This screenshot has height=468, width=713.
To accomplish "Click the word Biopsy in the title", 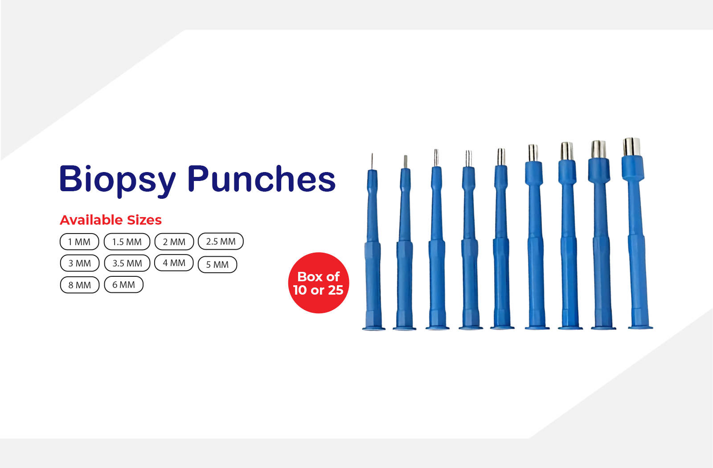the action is pos(118,181).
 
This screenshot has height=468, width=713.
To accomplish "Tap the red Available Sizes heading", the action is pos(111,220).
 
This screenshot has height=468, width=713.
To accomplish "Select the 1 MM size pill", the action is pos(79,242).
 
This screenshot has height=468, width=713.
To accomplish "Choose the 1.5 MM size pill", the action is pos(127,242).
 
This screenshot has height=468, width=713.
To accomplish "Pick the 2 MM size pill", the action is pos(174,242).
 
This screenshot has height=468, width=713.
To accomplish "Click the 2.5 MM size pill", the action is pos(221,241).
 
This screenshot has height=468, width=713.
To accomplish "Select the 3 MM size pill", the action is pos(80,263).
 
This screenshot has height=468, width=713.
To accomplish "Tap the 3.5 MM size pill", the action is pos(127,263).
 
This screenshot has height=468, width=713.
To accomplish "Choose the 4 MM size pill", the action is pos(174,263).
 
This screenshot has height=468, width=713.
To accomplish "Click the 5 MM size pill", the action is pos(217,265).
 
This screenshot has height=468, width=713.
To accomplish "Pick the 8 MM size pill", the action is pos(80,285).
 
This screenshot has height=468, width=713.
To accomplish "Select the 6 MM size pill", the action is pos(124,284).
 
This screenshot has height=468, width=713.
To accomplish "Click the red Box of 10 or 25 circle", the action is pos(319,283).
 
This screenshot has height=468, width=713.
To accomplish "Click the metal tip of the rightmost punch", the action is pos(632,147).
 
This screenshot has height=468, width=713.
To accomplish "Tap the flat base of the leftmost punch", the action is pos(374,328).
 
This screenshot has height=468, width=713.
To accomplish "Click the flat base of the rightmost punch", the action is pos(640,327).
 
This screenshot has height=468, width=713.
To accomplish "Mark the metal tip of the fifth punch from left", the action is pos(501,156).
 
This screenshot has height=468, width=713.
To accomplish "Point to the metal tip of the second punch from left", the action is pos(406,162).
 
